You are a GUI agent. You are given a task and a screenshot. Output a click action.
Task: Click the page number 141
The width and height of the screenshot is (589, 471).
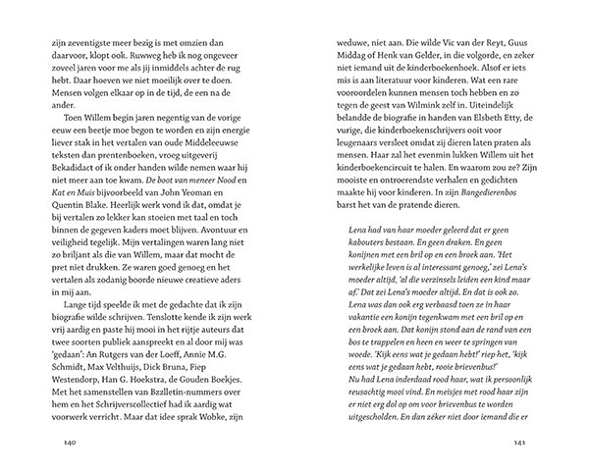click(x=521, y=443)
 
